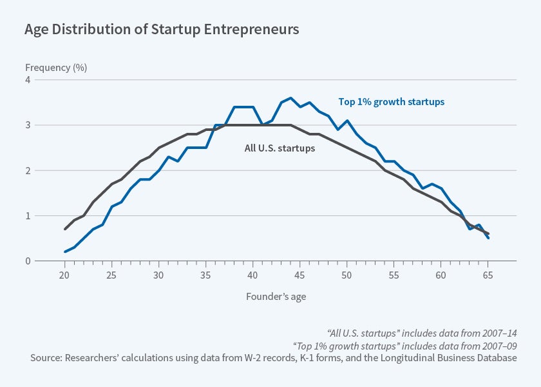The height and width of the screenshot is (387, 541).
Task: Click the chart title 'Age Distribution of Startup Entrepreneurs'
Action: click(x=161, y=30)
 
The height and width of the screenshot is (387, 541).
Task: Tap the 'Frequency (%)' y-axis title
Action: click(x=56, y=67)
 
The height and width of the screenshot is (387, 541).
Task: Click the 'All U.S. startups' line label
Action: click(x=280, y=148)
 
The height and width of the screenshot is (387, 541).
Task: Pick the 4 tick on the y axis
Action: click(x=28, y=80)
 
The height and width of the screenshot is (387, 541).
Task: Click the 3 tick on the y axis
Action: click(x=28, y=125)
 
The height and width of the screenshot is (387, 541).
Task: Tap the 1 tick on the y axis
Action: click(x=28, y=215)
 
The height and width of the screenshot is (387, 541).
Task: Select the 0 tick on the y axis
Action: click(x=28, y=261)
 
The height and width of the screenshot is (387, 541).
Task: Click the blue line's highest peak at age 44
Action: click(x=291, y=98)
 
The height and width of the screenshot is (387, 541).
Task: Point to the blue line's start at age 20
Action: click(x=65, y=252)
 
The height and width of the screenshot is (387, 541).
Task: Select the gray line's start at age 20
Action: click(x=65, y=229)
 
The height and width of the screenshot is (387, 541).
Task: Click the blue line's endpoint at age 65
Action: click(x=488, y=238)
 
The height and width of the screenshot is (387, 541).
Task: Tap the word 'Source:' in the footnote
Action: click(x=46, y=357)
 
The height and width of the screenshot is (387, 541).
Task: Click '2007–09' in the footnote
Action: click(x=499, y=345)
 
